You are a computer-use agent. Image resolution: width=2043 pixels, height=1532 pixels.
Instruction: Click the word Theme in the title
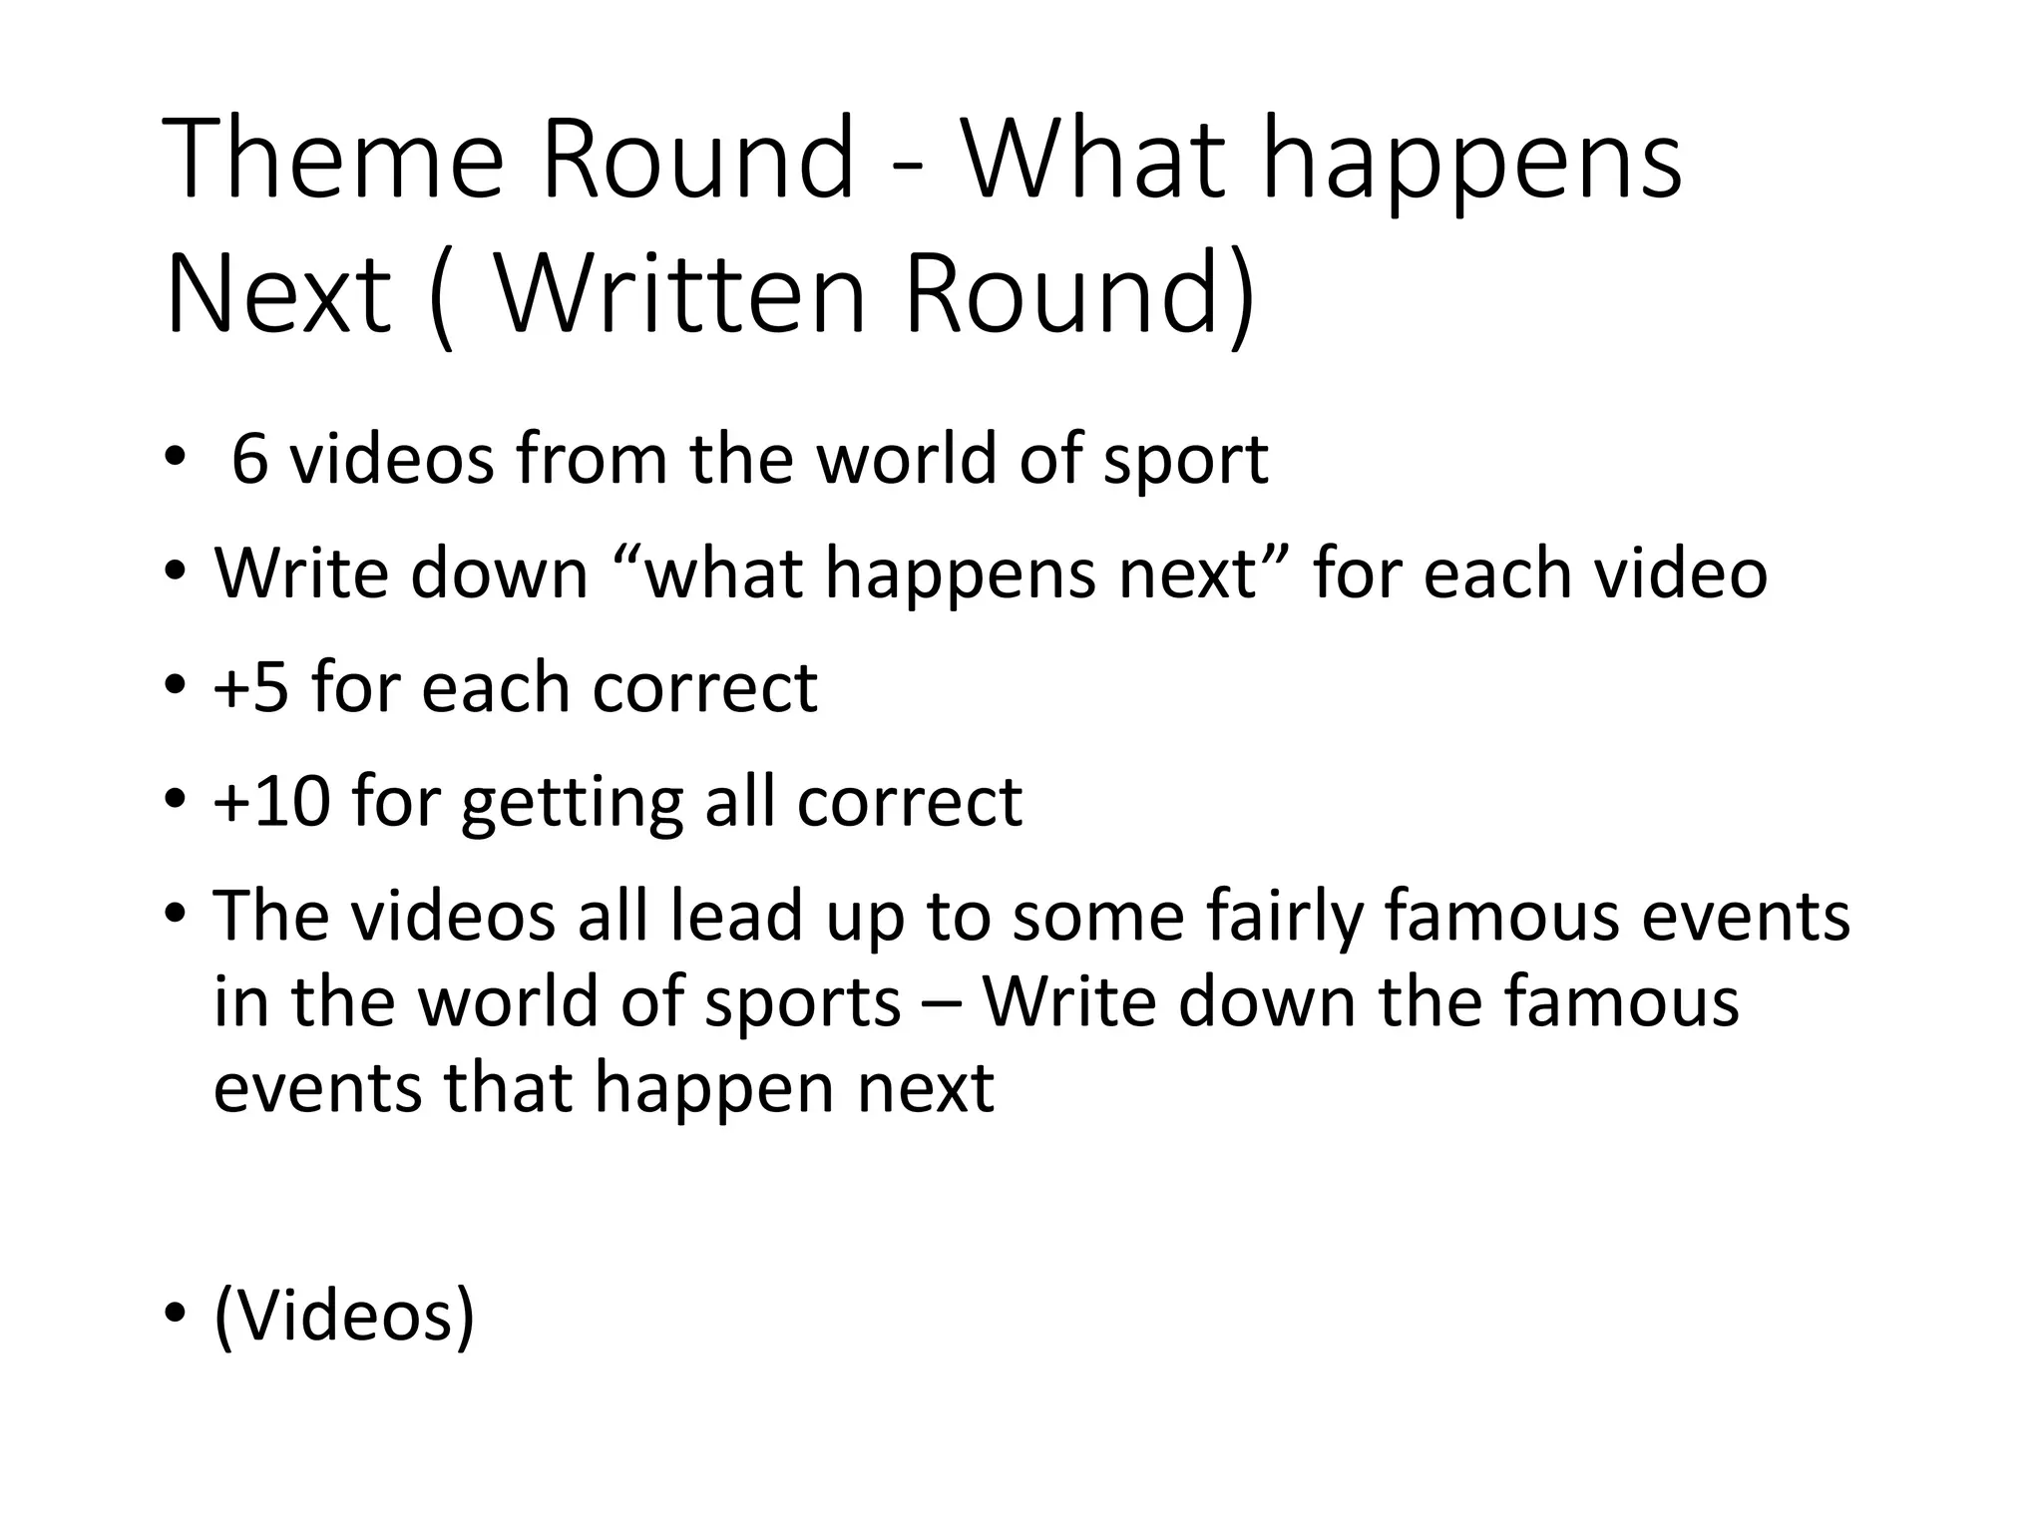pyautogui.click(x=333, y=160)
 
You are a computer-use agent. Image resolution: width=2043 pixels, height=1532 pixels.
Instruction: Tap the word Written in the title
pyautogui.click(x=679, y=295)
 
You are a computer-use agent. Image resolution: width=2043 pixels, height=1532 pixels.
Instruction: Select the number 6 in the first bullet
pyautogui.click(x=249, y=460)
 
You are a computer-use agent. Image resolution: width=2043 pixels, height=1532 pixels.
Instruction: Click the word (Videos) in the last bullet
pyautogui.click(x=344, y=1317)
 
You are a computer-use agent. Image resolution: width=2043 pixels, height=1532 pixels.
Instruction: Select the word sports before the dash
pyautogui.click(x=803, y=1003)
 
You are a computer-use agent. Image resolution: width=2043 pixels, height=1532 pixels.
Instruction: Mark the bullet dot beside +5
pyautogui.click(x=176, y=686)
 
